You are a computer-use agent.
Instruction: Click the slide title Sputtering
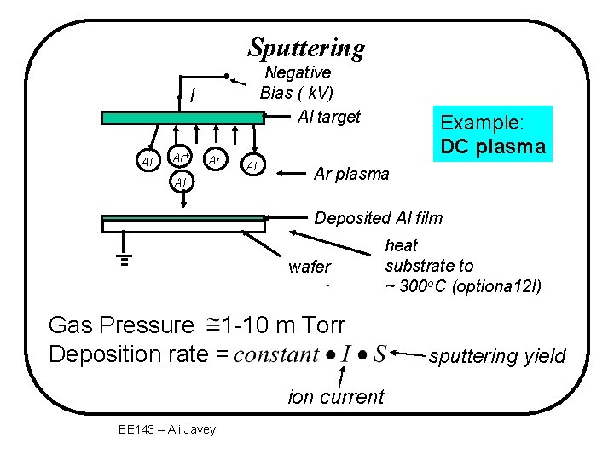pos(306,48)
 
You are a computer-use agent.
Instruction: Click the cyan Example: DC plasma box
pos(492,134)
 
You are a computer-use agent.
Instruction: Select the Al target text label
pos(329,117)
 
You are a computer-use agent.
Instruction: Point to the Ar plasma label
pos(351,174)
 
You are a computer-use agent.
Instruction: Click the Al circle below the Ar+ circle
pos(179,182)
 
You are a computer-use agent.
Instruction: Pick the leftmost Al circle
pos(147,161)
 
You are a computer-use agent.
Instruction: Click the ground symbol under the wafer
pos(125,259)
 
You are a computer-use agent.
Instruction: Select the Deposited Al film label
pos(379,218)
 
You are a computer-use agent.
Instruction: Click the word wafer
pos(310,267)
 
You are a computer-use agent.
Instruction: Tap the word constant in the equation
pos(276,354)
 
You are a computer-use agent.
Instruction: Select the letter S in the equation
pos(379,354)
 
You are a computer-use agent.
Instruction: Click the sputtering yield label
pos(497,356)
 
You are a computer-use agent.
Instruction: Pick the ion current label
pos(337,396)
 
